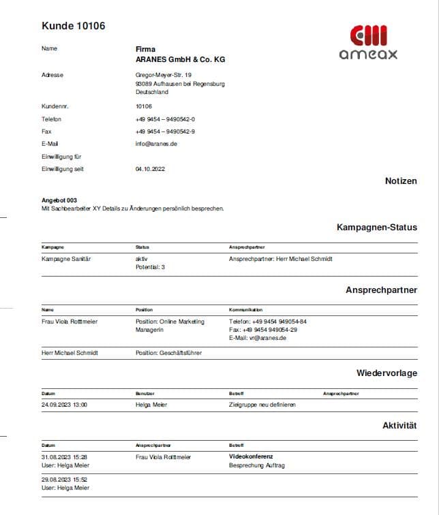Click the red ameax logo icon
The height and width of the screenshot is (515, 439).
tap(368, 35)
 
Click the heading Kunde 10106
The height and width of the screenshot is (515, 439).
tap(74, 26)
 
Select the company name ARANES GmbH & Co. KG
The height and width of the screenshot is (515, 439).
tap(180, 59)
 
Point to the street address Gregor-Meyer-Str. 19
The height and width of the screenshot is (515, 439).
tap(164, 75)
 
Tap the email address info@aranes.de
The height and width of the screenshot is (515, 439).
tap(156, 144)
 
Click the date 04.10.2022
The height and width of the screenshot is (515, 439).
tap(150, 169)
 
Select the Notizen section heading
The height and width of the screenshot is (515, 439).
tap(401, 181)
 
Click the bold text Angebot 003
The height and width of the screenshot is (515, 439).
tap(59, 200)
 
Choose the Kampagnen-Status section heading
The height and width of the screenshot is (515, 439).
tap(376, 227)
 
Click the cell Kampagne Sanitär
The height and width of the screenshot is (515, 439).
tap(66, 259)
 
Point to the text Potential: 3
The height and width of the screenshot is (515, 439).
tap(150, 267)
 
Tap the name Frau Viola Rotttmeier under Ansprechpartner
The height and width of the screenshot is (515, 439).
tap(70, 322)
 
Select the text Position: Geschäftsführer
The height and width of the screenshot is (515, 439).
tap(168, 353)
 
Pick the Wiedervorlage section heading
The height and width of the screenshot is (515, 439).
tap(387, 373)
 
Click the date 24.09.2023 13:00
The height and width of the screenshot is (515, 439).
tap(64, 405)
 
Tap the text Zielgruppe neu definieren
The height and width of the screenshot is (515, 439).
tap(262, 405)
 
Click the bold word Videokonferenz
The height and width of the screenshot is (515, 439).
tap(251, 456)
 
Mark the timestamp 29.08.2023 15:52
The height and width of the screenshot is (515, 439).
tap(64, 480)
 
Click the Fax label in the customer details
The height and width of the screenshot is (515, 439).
tap(46, 131)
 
